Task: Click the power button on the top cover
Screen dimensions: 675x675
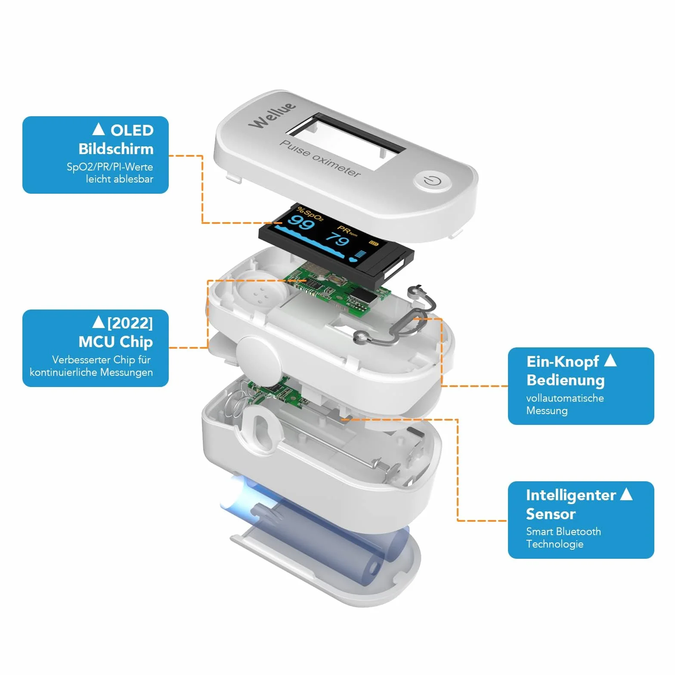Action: click(x=432, y=181)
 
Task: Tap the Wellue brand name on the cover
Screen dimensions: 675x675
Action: click(x=272, y=115)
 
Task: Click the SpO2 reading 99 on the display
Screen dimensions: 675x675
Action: click(x=301, y=223)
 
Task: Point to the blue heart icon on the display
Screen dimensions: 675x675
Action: click(x=353, y=259)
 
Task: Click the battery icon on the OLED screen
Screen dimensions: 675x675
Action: click(x=374, y=244)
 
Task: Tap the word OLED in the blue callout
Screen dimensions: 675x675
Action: click(x=132, y=130)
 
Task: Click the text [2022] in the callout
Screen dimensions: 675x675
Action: click(x=130, y=323)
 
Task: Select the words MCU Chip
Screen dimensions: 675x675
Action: click(x=115, y=341)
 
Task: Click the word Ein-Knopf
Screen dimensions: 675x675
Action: click(x=563, y=362)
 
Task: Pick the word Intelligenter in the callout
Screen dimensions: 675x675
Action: click(x=571, y=495)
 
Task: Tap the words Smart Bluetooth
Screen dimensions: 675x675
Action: click(x=564, y=532)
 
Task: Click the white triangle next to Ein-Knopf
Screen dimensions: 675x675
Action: click(x=610, y=360)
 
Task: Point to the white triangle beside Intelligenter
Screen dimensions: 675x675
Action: click(x=626, y=494)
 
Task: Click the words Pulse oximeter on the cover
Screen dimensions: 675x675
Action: click(x=320, y=158)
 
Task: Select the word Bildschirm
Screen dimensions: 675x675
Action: click(x=116, y=149)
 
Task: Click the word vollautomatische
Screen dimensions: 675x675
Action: click(x=565, y=398)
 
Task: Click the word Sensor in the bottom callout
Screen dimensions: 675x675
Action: click(x=551, y=514)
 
